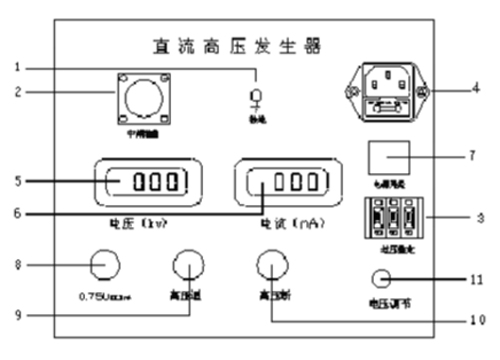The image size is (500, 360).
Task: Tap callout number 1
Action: pos(16,68)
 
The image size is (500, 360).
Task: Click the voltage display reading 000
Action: pos(145,183)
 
